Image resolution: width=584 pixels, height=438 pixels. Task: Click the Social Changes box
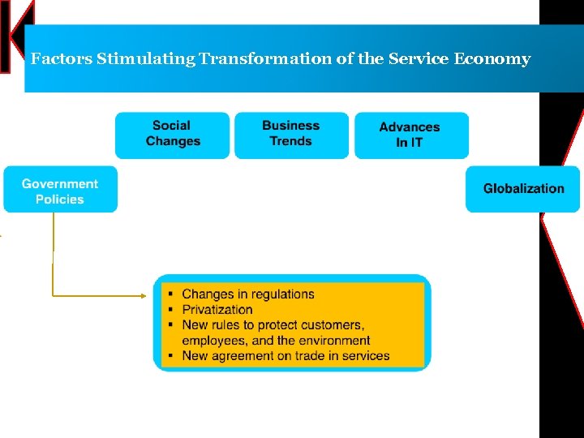[172, 134]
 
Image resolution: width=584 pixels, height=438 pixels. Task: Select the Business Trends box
[291, 134]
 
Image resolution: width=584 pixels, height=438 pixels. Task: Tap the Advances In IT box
[410, 135]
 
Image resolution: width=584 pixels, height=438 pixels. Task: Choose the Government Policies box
[60, 191]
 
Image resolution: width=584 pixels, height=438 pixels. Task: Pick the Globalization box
[523, 189]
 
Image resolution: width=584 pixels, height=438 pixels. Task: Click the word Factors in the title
[62, 59]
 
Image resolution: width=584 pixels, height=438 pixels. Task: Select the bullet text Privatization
[217, 309]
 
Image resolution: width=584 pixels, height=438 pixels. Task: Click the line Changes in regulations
[248, 294]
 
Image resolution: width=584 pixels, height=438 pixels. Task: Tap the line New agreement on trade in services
[286, 355]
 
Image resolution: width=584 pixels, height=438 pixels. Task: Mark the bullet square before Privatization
[171, 310]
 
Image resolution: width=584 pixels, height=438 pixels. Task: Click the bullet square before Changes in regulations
[171, 294]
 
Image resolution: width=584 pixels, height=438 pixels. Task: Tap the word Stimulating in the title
[146, 59]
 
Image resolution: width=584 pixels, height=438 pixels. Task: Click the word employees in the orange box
[213, 341]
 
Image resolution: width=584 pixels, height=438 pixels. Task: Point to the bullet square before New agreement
[171, 356]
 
